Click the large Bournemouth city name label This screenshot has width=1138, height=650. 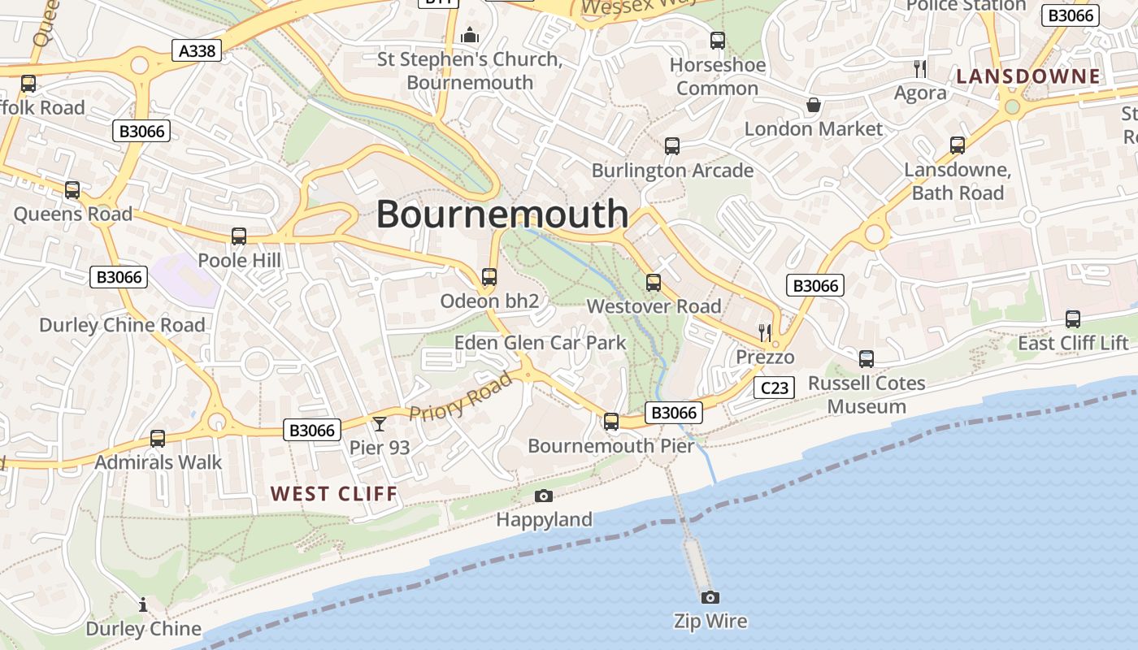tap(502, 214)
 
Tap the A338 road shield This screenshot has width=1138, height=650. tap(197, 51)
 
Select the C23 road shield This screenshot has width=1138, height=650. tap(773, 388)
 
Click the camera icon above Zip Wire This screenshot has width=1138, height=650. tap(710, 598)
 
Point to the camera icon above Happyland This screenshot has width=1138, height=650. tap(544, 496)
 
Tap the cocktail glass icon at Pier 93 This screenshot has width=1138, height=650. tap(379, 423)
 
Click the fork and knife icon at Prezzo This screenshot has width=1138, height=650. tap(764, 331)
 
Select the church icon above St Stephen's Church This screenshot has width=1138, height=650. tap(469, 36)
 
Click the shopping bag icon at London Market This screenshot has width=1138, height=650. tap(813, 105)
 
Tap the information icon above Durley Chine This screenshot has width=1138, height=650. tap(143, 604)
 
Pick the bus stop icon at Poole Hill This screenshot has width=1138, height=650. tap(238, 236)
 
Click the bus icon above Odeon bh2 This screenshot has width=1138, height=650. tap(489, 277)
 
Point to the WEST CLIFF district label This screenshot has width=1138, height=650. tap(334, 494)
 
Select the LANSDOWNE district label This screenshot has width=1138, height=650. tap(1027, 77)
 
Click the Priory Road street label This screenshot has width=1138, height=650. tap(461, 396)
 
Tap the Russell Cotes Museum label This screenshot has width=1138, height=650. tap(867, 395)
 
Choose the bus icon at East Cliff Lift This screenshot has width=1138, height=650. tap(1072, 319)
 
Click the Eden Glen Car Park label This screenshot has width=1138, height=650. tap(540, 343)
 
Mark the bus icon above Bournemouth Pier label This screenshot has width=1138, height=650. tap(610, 422)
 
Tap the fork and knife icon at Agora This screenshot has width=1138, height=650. tap(919, 68)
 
